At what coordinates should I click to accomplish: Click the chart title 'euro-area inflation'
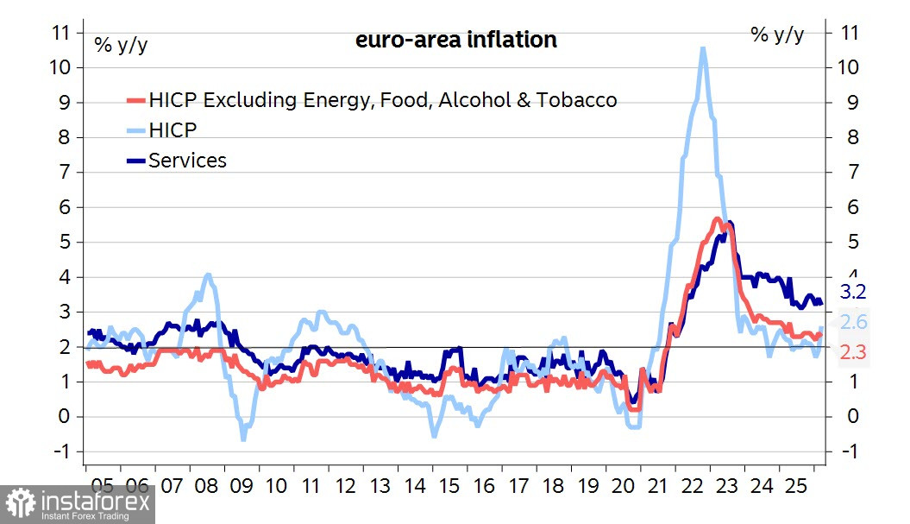[455, 40]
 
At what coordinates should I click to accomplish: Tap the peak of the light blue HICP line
[703, 49]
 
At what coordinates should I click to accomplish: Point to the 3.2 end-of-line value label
[853, 291]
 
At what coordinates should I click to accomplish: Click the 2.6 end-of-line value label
[853, 323]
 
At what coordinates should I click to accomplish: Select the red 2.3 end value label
[853, 351]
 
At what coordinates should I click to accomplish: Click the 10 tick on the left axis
[60, 67]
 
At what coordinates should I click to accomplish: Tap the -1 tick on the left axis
[60, 451]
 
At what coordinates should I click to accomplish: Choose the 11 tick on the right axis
[850, 33]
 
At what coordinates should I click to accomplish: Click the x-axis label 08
[205, 486]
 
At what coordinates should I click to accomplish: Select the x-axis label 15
[449, 486]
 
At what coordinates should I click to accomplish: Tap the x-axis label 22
[693, 486]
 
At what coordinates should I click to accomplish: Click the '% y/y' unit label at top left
[121, 45]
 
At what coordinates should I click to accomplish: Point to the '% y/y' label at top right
[777, 35]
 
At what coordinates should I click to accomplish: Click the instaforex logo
[78, 503]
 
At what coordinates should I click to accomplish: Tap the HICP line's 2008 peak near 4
[208, 275]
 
